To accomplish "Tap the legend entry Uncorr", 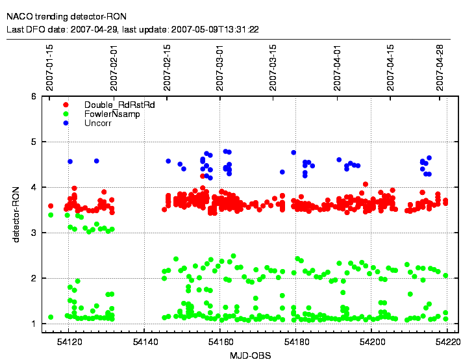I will pyautogui.click(x=96, y=123).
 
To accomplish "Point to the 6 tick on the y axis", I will pyautogui.click(x=33, y=96).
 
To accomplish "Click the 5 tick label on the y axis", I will pyautogui.click(x=33, y=142).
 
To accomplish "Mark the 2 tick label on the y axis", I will pyautogui.click(x=33, y=278).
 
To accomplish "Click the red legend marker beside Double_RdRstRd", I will pyautogui.click(x=66, y=105).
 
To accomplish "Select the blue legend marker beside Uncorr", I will pyautogui.click(x=66, y=123).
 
